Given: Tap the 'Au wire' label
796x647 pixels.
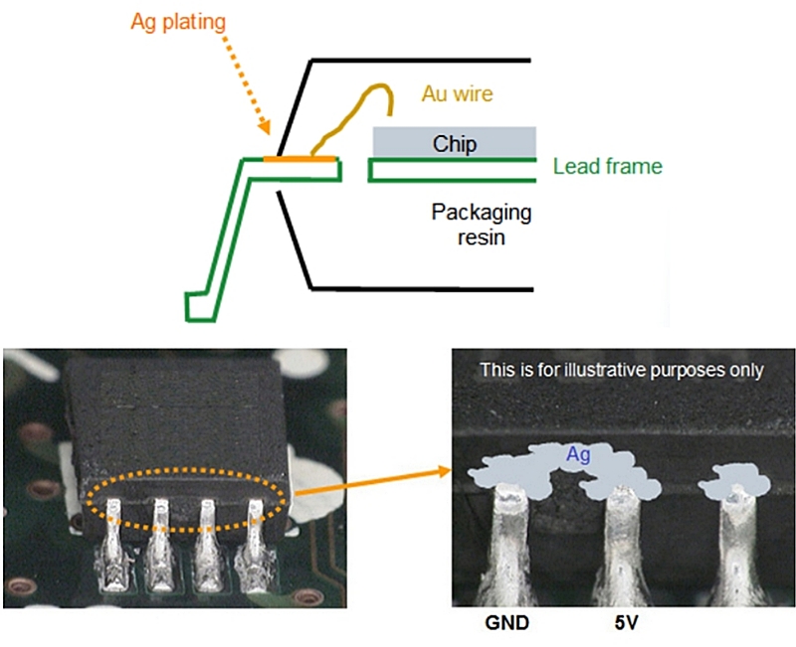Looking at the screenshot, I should coord(458,94).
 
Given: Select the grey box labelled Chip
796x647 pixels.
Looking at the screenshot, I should coord(455,142).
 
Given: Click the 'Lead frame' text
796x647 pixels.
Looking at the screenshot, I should coord(607,167).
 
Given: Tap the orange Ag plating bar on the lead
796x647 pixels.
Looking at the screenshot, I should coord(299,158).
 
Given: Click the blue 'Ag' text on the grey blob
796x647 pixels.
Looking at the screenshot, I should coord(577,454).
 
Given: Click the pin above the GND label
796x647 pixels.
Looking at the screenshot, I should coord(513,547).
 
